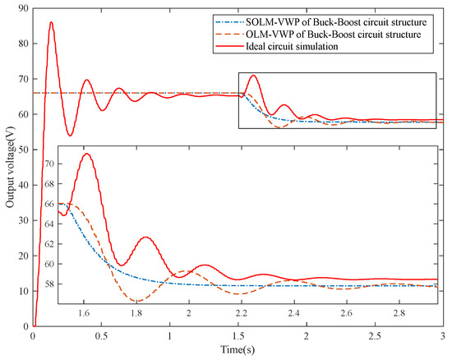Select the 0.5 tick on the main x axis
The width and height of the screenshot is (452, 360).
pos(100,336)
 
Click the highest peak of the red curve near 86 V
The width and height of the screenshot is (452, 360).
pos(51,22)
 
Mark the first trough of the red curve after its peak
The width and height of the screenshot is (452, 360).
pos(70,136)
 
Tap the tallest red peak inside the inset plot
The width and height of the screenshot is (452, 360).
pos(85,154)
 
